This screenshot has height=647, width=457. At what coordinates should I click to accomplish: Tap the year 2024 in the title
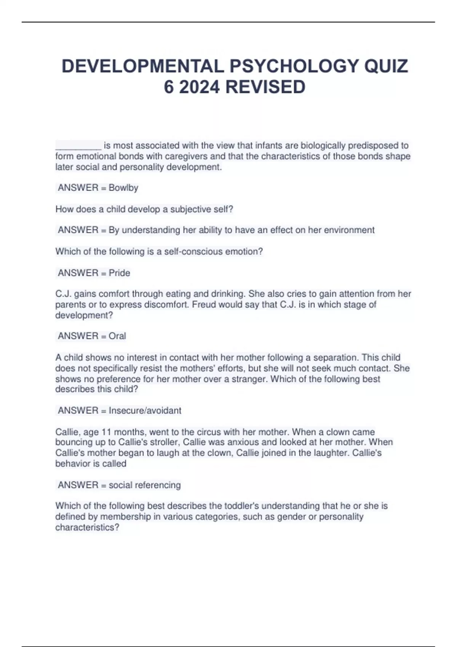199,87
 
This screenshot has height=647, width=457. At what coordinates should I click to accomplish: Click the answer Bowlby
123,188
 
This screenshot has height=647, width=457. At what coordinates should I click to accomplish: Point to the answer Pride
119,273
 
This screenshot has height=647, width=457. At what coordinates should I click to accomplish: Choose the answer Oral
117,336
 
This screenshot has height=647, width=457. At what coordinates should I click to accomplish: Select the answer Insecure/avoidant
145,411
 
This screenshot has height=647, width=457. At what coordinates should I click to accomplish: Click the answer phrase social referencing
144,485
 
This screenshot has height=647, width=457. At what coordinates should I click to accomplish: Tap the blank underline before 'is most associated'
78,146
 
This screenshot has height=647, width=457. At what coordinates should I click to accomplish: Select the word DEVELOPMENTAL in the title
142,66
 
